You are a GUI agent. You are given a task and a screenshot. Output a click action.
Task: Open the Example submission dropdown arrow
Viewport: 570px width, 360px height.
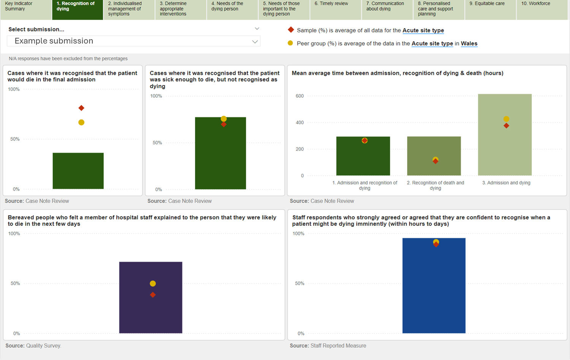click(x=255, y=42)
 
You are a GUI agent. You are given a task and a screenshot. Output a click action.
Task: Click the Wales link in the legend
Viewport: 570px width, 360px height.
click(x=469, y=44)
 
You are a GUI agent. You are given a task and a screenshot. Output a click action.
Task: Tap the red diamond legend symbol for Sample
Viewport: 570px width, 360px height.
click(x=291, y=30)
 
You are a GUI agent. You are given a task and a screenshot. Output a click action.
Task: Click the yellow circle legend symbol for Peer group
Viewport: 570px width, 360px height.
click(x=290, y=43)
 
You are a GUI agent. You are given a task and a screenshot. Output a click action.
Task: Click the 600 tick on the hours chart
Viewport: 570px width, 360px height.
click(x=300, y=96)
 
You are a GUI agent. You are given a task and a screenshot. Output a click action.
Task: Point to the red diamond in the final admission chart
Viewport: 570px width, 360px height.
click(x=81, y=108)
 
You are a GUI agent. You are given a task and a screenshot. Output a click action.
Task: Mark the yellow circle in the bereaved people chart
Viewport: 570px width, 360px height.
click(x=153, y=284)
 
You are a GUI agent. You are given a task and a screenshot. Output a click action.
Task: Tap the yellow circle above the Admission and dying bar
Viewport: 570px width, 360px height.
click(x=506, y=119)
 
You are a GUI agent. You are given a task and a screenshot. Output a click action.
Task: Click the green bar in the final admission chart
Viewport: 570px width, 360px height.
click(x=78, y=171)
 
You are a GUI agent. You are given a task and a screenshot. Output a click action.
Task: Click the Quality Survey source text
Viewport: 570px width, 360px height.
click(x=44, y=346)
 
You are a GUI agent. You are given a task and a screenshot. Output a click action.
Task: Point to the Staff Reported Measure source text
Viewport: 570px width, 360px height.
click(x=338, y=346)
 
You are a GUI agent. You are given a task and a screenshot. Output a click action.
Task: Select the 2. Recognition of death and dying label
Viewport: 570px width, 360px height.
click(x=435, y=185)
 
